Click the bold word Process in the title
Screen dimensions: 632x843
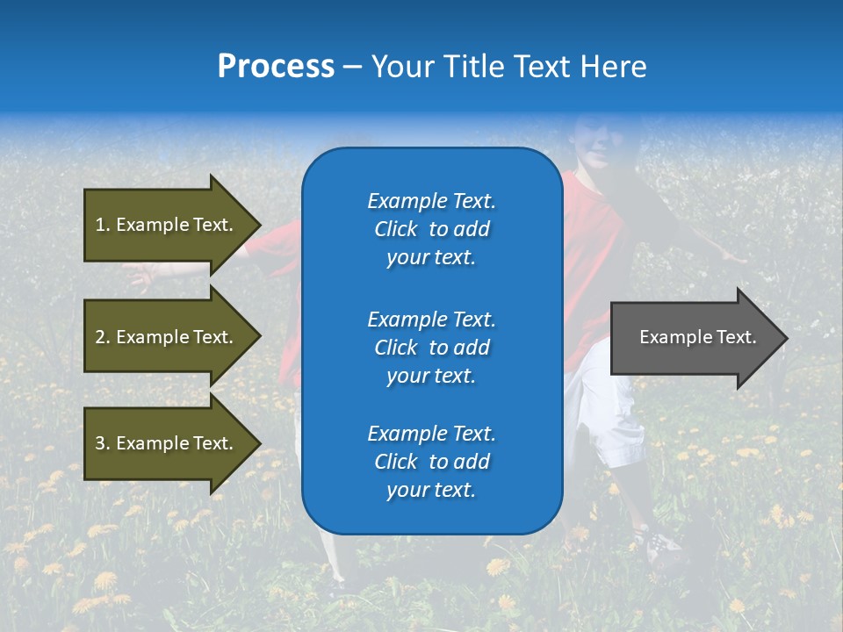tap(276, 67)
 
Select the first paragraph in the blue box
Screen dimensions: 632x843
tap(431, 229)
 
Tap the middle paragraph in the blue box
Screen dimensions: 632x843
tap(431, 348)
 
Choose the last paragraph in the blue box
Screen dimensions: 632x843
tap(431, 462)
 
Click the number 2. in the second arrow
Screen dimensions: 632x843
tap(103, 337)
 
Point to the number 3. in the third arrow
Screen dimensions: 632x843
tap(103, 443)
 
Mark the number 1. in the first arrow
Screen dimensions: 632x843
tap(102, 225)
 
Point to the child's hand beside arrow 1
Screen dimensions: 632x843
tap(140, 276)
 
